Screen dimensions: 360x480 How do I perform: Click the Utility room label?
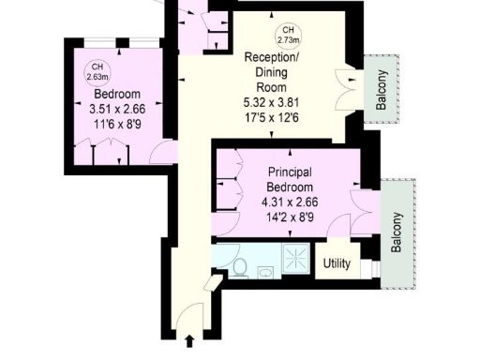337,263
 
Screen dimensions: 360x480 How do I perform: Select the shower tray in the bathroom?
297,258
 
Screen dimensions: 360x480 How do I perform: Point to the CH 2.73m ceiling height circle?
289,37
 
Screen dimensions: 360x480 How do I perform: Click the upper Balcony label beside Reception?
381,91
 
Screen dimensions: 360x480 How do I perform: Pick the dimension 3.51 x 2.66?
116,110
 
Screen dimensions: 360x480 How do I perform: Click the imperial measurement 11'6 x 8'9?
116,125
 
